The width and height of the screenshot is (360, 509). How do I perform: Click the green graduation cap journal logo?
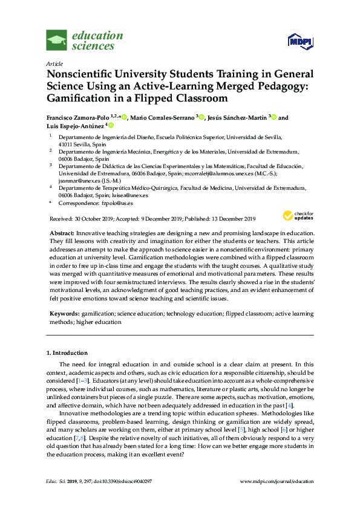[x=57, y=41]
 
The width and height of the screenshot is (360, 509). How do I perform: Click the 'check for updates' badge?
[x=296, y=216]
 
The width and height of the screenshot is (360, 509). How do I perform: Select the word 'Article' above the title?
[x=54, y=63]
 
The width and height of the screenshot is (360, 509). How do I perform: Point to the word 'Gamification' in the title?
[x=81, y=98]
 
